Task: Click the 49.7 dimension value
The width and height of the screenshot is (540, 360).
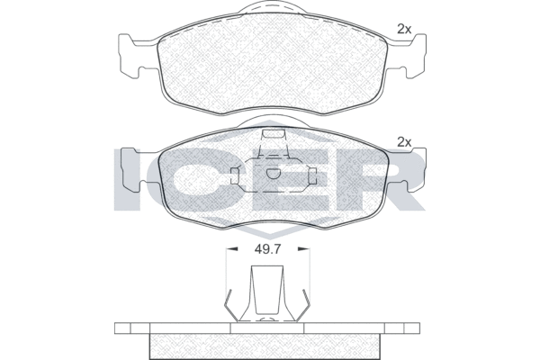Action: point(268,248)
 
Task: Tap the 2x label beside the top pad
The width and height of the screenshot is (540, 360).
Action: point(404,30)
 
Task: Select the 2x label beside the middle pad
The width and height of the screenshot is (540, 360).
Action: point(404,142)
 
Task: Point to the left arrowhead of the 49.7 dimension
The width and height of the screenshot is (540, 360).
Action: point(233,248)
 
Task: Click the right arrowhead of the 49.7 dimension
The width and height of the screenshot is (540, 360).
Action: point(302,248)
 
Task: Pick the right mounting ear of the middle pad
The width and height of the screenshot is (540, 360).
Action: point(407,169)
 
